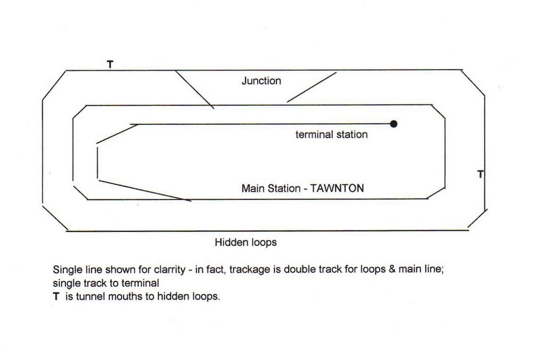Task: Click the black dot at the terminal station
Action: (x=393, y=124)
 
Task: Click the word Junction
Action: (x=261, y=81)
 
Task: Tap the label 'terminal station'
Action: (x=332, y=135)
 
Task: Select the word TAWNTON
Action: (x=337, y=188)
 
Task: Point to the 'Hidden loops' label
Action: (x=246, y=242)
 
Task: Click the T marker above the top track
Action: (x=110, y=64)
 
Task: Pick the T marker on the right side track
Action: (x=481, y=174)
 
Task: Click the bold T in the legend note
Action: (x=56, y=297)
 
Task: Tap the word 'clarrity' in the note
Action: (x=169, y=270)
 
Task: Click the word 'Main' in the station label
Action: (x=254, y=188)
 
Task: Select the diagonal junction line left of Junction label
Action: (x=195, y=89)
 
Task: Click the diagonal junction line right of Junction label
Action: (x=312, y=87)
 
